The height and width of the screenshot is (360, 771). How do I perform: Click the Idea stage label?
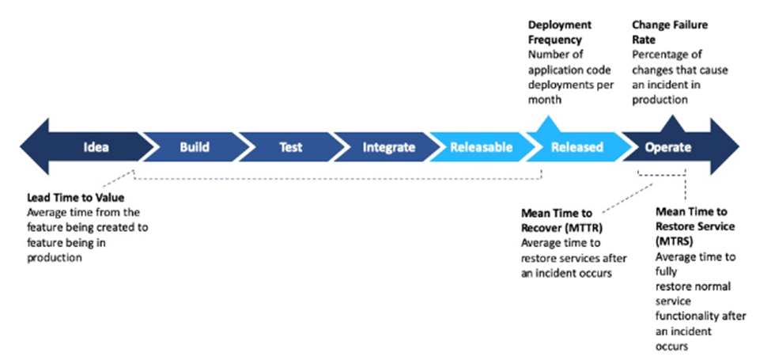96,147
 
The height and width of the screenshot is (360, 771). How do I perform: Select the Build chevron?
195,147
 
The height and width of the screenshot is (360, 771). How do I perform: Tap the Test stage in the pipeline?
290,147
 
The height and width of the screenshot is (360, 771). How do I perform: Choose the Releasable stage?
482,147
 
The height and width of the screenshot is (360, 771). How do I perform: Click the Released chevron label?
576,147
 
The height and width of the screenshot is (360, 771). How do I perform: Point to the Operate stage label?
667,147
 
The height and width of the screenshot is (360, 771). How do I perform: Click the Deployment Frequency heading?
560,32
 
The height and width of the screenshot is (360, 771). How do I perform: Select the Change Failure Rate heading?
670,32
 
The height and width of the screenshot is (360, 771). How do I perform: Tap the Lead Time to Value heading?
75,198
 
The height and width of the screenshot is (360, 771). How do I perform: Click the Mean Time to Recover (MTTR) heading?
564,221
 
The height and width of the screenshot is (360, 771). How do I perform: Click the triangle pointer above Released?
546,124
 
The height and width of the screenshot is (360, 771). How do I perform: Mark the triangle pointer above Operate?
671,124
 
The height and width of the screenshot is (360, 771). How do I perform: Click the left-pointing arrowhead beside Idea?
35,146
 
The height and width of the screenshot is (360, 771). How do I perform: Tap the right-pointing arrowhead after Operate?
724,146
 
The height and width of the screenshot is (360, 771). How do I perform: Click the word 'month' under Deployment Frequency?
543,100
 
